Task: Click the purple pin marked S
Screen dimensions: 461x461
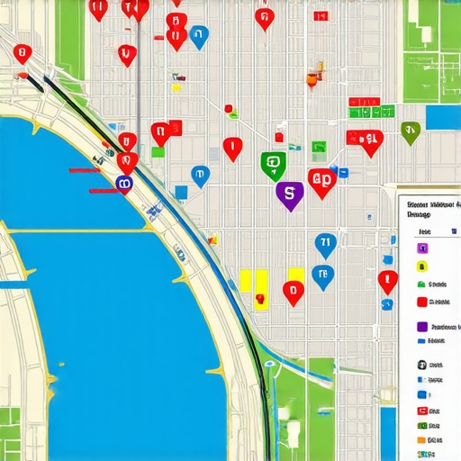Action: click(x=289, y=192)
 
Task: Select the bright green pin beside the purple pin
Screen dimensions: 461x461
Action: click(x=273, y=164)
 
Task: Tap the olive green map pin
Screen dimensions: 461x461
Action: click(x=411, y=131)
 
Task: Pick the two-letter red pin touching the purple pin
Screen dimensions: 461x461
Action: click(x=321, y=180)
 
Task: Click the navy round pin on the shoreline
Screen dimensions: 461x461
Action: click(x=124, y=184)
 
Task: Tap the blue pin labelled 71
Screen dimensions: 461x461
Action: click(x=325, y=242)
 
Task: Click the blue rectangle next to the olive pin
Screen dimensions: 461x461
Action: click(x=441, y=118)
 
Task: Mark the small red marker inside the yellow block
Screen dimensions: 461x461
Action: click(x=259, y=298)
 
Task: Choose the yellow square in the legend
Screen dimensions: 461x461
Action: click(x=420, y=267)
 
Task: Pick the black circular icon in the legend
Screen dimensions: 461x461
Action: click(x=420, y=365)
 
